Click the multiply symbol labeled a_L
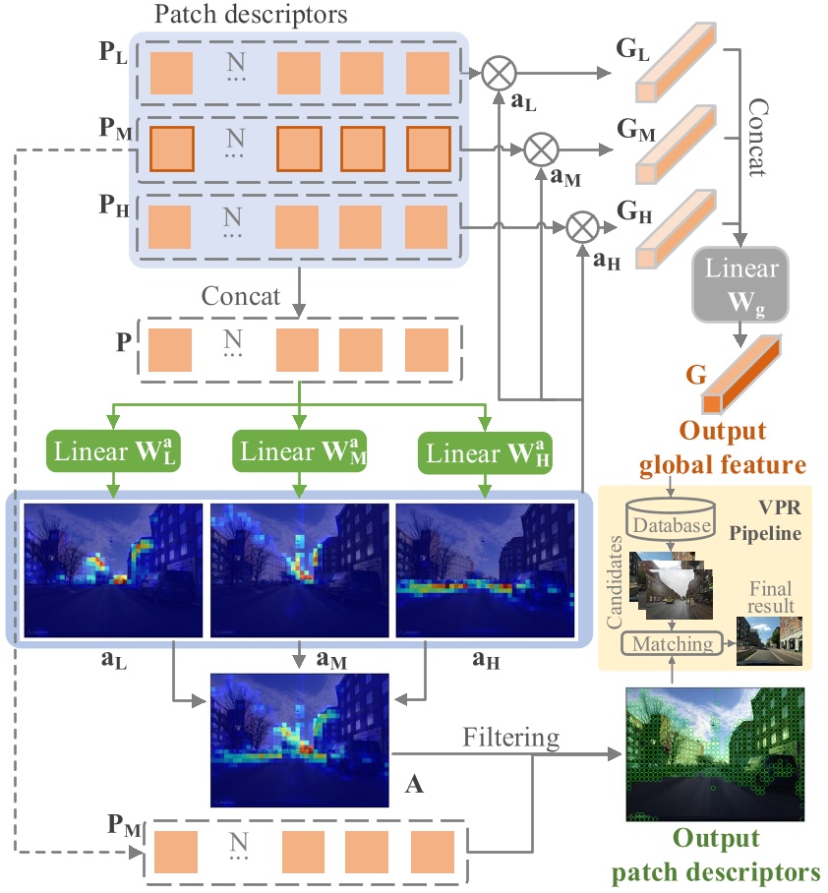(x=499, y=73)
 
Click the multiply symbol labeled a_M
(x=539, y=150)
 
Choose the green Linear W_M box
(x=300, y=452)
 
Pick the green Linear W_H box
(x=486, y=452)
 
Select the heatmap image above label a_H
(x=484, y=569)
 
